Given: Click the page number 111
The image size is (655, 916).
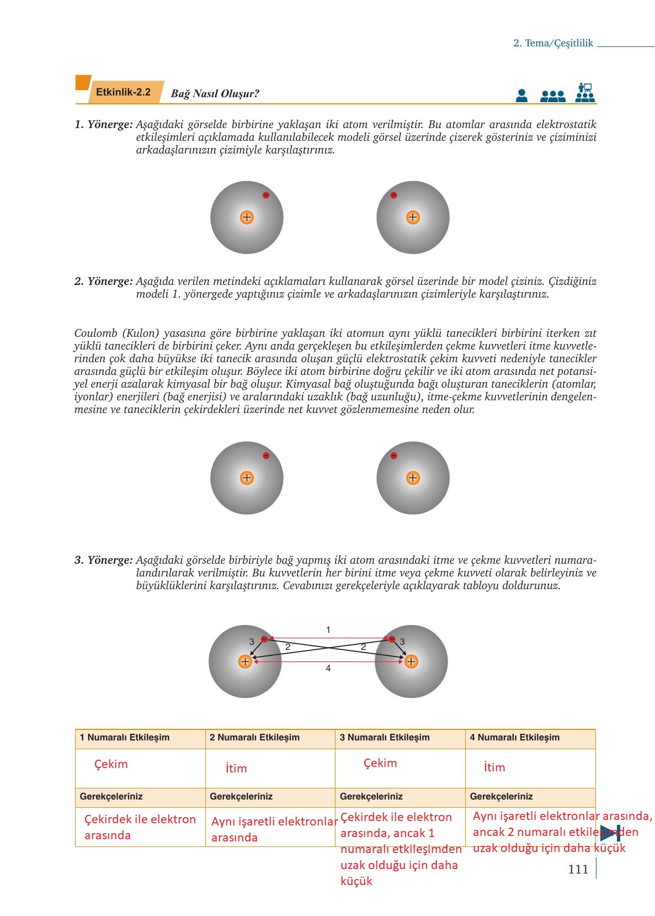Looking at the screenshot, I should (x=578, y=870).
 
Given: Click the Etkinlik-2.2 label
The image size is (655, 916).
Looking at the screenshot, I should (x=123, y=92).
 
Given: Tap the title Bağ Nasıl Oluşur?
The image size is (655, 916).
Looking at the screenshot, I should (x=215, y=93).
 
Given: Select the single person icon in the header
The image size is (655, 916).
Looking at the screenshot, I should (x=521, y=96).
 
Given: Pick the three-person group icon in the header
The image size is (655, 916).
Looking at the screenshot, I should (x=553, y=97).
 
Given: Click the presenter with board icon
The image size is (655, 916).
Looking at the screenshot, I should (x=585, y=93).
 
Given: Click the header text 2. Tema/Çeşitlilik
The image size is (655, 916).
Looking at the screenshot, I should (x=553, y=43).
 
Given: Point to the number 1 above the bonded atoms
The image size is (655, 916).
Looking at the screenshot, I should (x=328, y=629).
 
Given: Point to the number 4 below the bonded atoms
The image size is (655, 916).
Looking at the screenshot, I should (x=328, y=669).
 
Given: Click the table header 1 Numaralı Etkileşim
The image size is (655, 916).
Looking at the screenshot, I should (x=125, y=737).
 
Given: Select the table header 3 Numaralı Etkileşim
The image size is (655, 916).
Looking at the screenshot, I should (x=385, y=737).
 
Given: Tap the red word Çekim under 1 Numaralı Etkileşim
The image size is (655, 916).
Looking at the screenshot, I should (x=111, y=764).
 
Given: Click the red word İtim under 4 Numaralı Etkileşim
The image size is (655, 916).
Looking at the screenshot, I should (x=494, y=767).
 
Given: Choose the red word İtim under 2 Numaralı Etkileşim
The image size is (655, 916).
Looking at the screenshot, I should (x=237, y=769).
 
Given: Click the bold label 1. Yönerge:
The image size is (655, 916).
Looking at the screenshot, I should (x=104, y=125).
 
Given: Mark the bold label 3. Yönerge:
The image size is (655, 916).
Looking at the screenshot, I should (x=104, y=560).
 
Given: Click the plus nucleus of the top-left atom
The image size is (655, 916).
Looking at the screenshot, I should (x=247, y=218).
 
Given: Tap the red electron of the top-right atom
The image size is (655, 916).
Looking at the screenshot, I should (x=393, y=195).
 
